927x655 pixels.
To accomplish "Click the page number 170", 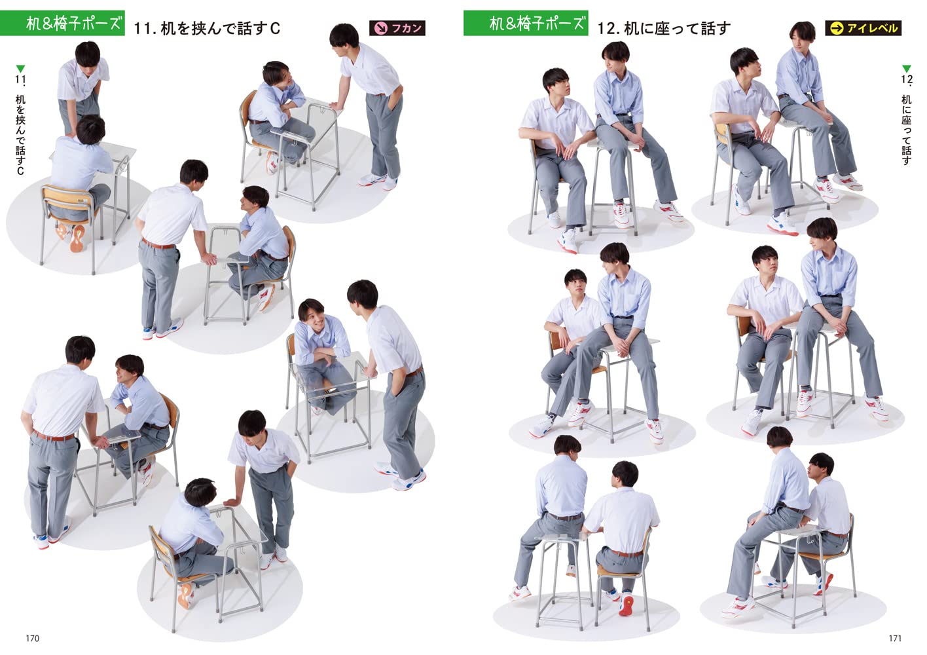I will point(32,638).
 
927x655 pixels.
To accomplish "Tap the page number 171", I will point(895,638).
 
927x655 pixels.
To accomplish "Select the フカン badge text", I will point(407,28).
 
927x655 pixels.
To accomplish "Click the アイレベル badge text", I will point(872,28).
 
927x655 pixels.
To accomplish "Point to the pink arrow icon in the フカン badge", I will point(379,28).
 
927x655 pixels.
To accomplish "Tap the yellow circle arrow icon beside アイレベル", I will point(836,28).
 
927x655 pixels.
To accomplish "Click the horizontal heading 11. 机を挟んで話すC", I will point(206,28).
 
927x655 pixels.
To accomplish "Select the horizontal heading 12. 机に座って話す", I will point(663,28).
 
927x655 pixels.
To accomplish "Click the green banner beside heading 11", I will point(63,24).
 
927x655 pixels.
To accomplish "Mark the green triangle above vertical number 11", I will point(20,69).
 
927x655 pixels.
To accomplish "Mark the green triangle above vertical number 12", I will point(906,69).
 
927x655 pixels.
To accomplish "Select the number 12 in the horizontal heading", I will point(607,28).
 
